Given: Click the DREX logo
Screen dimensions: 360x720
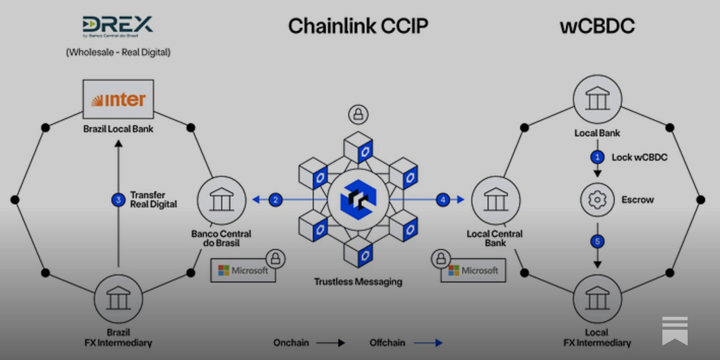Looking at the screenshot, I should pyautogui.click(x=117, y=26).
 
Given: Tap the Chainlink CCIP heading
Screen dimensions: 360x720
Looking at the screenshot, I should pyautogui.click(x=358, y=26).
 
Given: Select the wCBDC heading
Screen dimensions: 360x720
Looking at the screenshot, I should pyautogui.click(x=597, y=26).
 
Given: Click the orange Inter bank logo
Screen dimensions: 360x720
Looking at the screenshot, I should pyautogui.click(x=118, y=99).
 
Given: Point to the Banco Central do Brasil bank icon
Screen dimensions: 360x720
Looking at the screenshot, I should pyautogui.click(x=221, y=200).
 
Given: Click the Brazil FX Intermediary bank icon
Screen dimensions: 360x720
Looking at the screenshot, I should pyautogui.click(x=118, y=299).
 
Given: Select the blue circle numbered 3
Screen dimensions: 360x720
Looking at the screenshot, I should pyautogui.click(x=118, y=199).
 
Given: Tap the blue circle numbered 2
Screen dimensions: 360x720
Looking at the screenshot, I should pyautogui.click(x=275, y=199).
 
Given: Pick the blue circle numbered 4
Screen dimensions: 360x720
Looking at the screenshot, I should pyautogui.click(x=443, y=199).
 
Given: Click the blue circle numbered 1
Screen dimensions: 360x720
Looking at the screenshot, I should pyautogui.click(x=597, y=157).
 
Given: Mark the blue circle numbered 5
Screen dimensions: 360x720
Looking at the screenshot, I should pyautogui.click(x=597, y=242).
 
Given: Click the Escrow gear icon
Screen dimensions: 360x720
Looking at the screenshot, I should pyautogui.click(x=597, y=199).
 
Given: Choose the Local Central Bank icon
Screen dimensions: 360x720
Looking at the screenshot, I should pyautogui.click(x=495, y=200).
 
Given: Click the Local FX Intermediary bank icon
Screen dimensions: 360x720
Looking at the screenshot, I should pyautogui.click(x=597, y=299).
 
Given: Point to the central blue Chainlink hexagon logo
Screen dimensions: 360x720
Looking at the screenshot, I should pyautogui.click(x=358, y=199).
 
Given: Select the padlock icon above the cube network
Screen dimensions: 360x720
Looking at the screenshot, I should pyautogui.click(x=358, y=114).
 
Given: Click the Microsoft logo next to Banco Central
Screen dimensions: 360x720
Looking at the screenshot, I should pyautogui.click(x=243, y=270).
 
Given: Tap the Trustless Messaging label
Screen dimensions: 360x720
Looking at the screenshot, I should pyautogui.click(x=358, y=282).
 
